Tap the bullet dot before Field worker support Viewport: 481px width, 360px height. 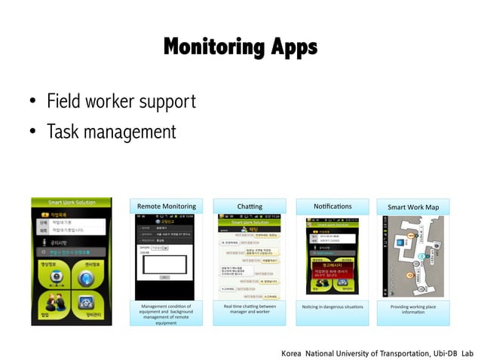pyautogui.click(x=32, y=102)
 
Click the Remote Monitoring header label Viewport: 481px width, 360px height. pyautogui.click(x=166, y=206)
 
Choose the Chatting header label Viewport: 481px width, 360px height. pyautogui.click(x=249, y=206)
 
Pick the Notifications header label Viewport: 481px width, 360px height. pyautogui.click(x=332, y=206)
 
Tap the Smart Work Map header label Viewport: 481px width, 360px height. pyautogui.click(x=412, y=206)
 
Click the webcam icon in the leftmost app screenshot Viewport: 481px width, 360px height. pyautogui.click(x=54, y=276)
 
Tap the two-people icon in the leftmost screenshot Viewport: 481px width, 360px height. pyautogui.click(x=54, y=305)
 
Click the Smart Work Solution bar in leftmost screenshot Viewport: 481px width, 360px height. pyautogui.click(x=72, y=203)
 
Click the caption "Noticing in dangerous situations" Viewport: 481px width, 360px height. pyautogui.click(x=332, y=307)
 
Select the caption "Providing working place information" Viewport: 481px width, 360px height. pyautogui.click(x=412, y=310)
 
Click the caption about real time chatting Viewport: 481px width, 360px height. pyautogui.click(x=249, y=310)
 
